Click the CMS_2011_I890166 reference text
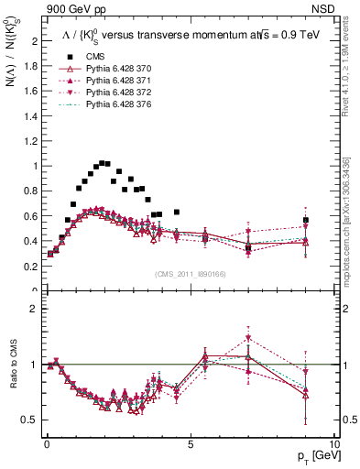click(191, 272)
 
